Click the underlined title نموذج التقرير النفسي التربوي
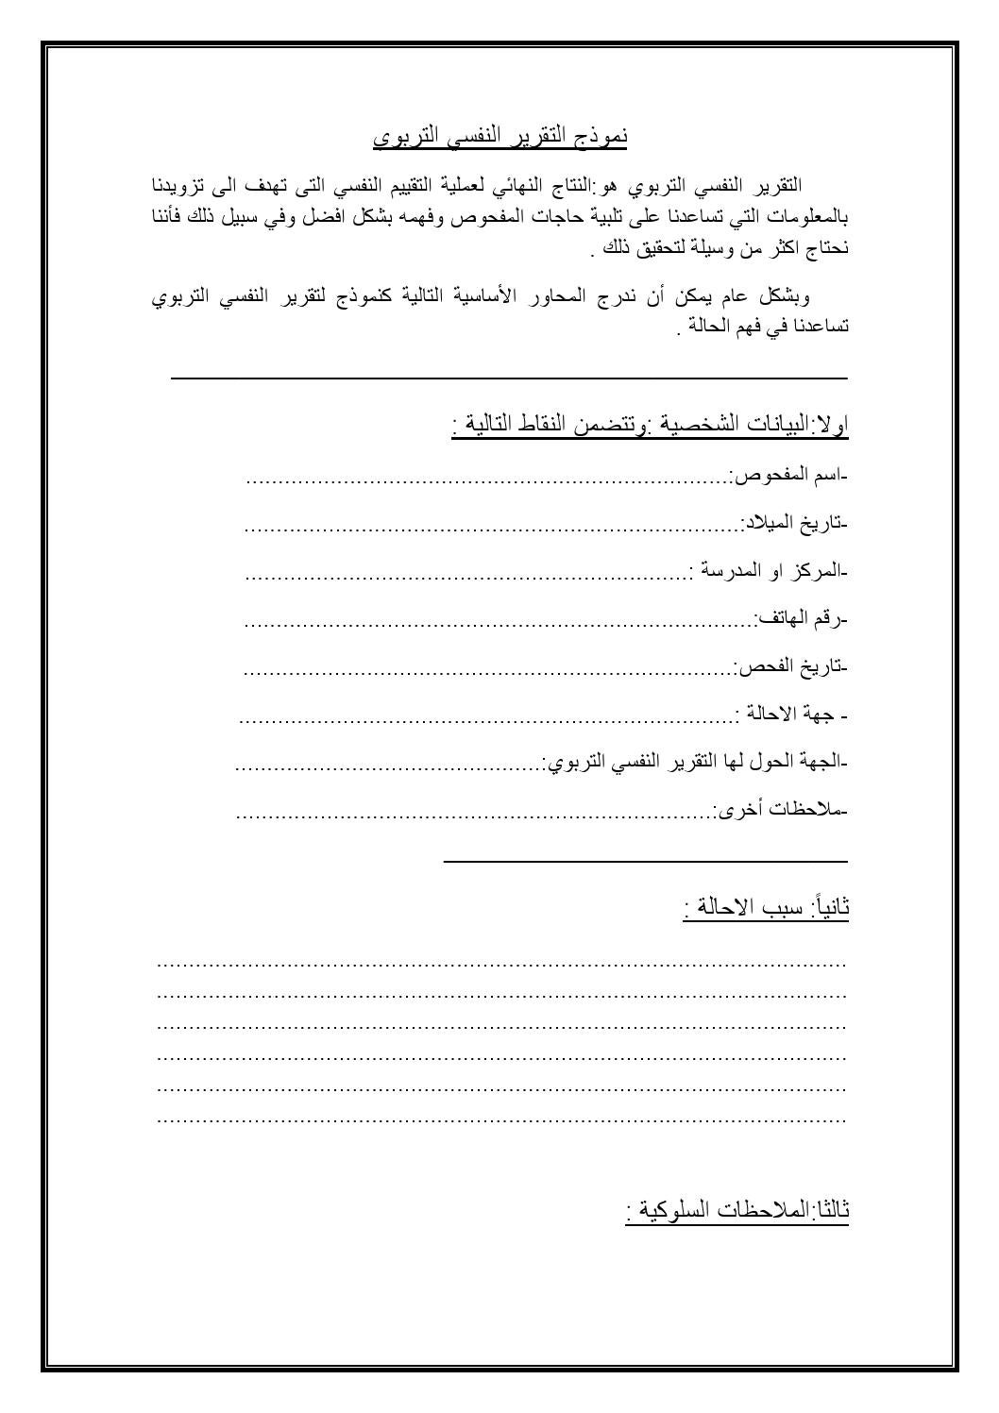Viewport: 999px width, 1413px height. click(499, 137)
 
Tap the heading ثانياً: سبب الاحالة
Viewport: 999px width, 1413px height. click(766, 908)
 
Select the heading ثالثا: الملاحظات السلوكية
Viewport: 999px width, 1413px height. click(737, 1210)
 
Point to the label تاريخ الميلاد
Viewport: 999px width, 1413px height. click(794, 523)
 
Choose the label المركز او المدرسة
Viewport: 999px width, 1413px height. click(769, 571)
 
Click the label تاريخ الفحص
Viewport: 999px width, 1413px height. click(791, 667)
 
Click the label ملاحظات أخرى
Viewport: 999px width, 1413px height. click(781, 809)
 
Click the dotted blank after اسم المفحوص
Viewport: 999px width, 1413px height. click(486, 480)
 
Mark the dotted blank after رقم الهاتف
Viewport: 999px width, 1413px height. click(499, 624)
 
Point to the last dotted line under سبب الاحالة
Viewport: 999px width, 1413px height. click(500, 1121)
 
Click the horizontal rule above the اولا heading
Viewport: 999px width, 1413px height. click(509, 378)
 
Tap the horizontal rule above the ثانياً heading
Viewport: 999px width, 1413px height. click(645, 861)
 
